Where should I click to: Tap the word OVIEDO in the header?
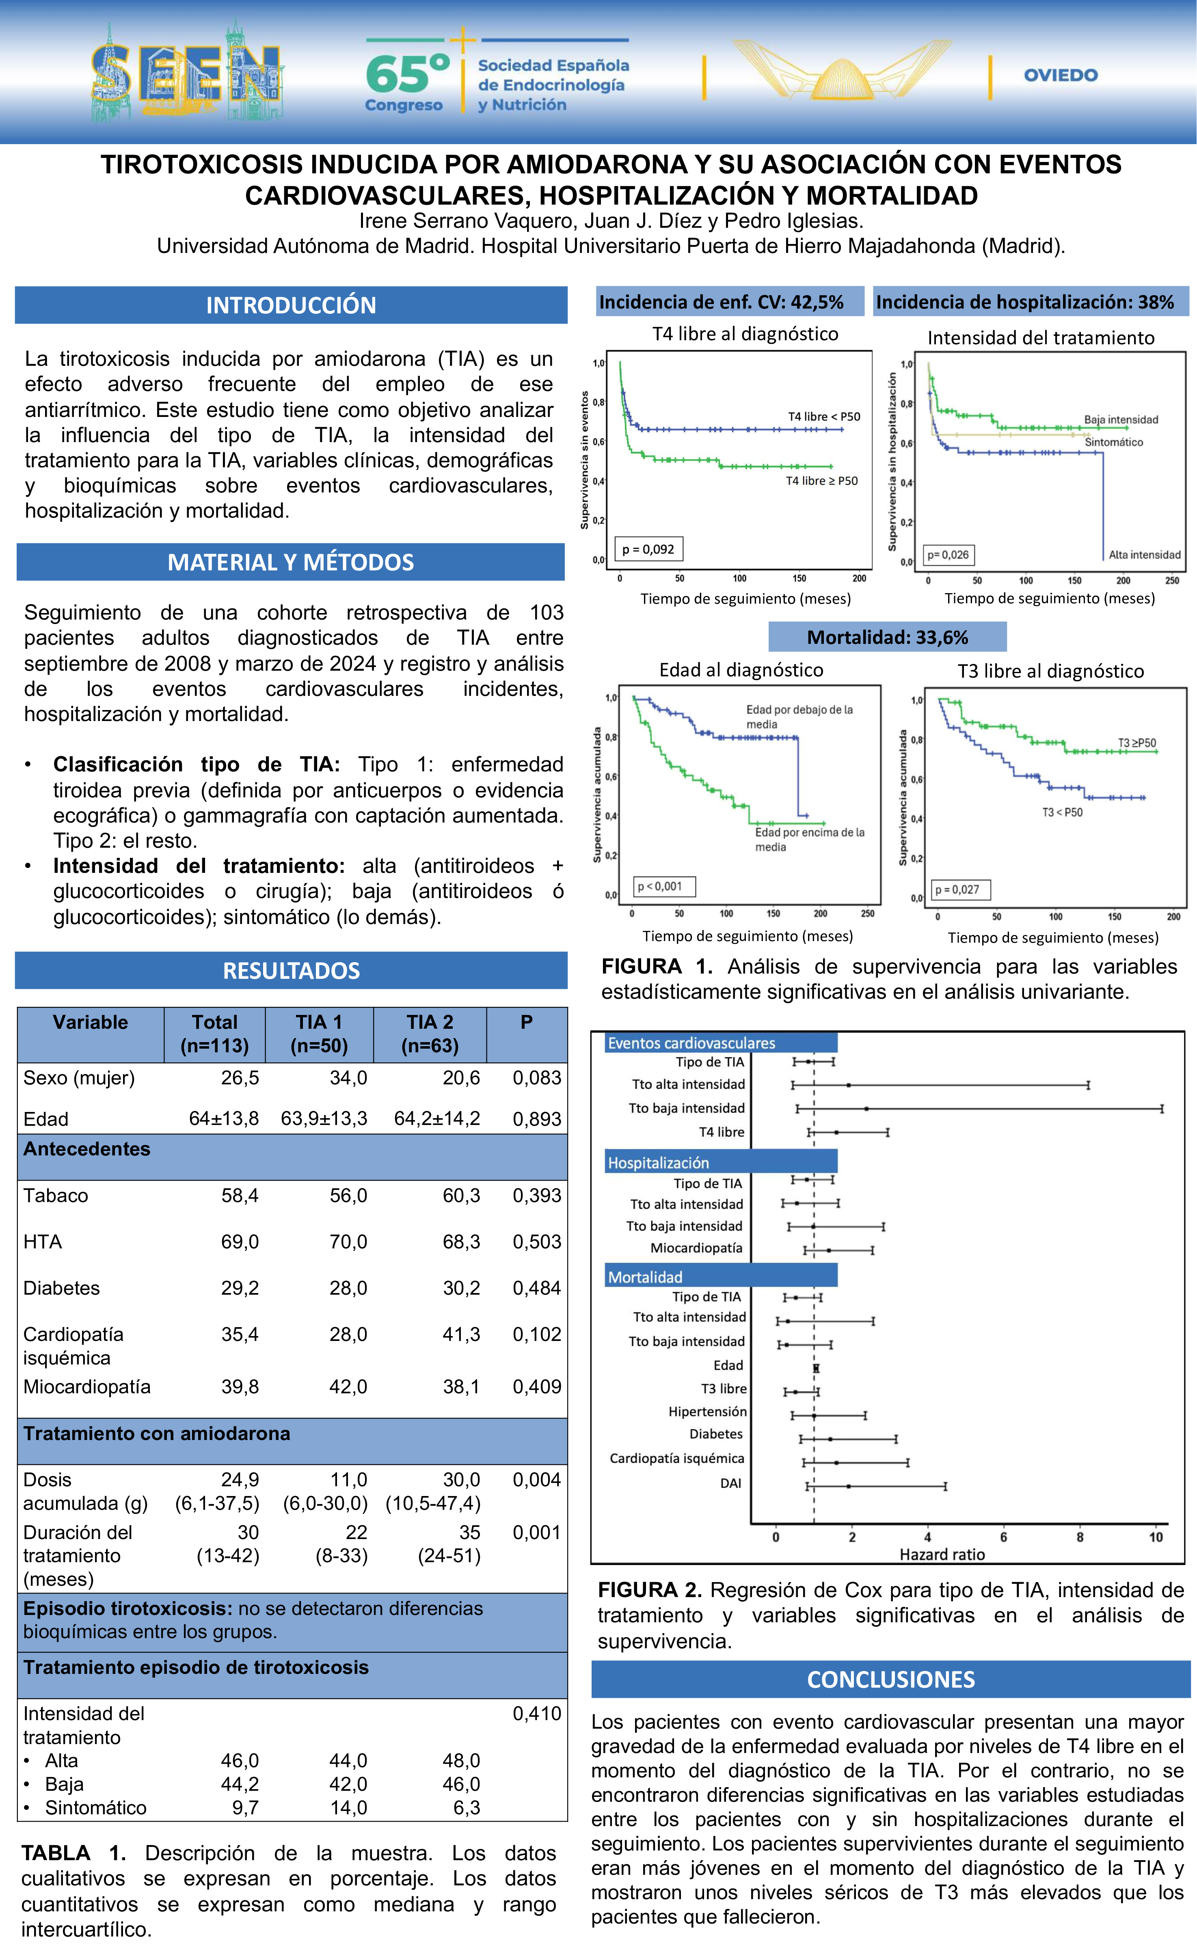pos(1061,76)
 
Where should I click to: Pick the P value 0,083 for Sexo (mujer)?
pos(537,1078)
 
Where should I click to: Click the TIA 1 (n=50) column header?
pos(319,1034)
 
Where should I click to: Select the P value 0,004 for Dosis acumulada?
pos(537,1480)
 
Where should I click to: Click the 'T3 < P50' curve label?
pos(1062,812)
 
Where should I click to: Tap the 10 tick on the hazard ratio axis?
pos(1156,1537)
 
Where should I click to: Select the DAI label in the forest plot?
pos(731,1483)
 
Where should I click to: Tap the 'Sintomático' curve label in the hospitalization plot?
pos(1114,442)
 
